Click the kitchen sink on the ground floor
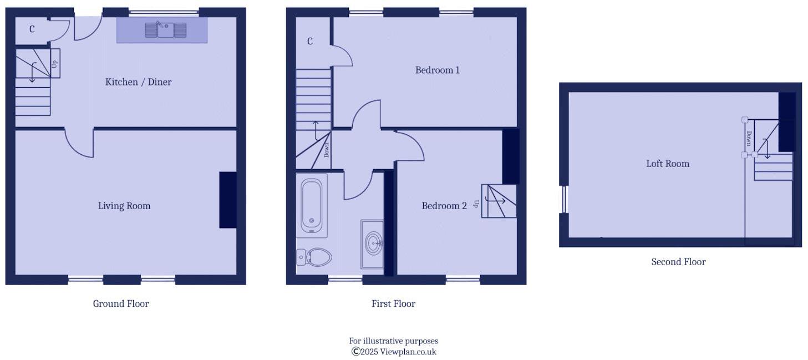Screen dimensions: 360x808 165,29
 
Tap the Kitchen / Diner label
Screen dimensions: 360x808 138,82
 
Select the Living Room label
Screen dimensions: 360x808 124,206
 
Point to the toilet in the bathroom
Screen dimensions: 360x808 314,257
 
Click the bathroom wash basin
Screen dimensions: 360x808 373,242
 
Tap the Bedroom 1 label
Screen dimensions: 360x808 438,70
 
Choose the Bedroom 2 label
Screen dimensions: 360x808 444,206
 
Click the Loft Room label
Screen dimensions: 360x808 668,164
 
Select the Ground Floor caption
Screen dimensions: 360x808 121,303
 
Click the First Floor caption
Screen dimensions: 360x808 393,303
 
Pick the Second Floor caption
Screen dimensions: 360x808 678,262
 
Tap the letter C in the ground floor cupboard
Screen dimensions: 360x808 32,29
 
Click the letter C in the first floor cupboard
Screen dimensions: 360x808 310,41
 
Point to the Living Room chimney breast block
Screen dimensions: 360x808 228,200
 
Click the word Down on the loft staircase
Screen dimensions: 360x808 749,138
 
